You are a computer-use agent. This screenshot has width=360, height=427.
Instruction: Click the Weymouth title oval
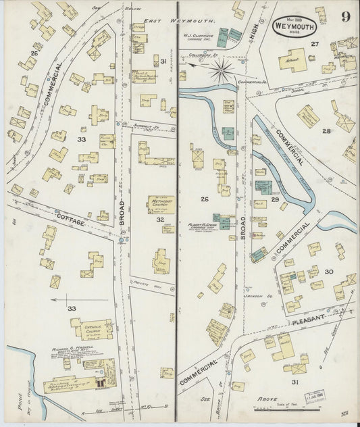(x=295, y=26)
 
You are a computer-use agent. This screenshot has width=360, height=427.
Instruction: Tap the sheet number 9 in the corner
(x=345, y=17)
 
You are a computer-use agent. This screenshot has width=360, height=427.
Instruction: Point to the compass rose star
(x=221, y=68)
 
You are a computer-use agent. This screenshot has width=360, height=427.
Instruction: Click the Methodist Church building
(x=161, y=204)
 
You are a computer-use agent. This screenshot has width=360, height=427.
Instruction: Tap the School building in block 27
(x=293, y=60)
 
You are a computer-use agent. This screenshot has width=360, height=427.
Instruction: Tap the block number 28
(x=326, y=130)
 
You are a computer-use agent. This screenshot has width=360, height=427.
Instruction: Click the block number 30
(x=328, y=271)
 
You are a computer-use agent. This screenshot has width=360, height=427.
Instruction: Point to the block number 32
(x=159, y=220)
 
